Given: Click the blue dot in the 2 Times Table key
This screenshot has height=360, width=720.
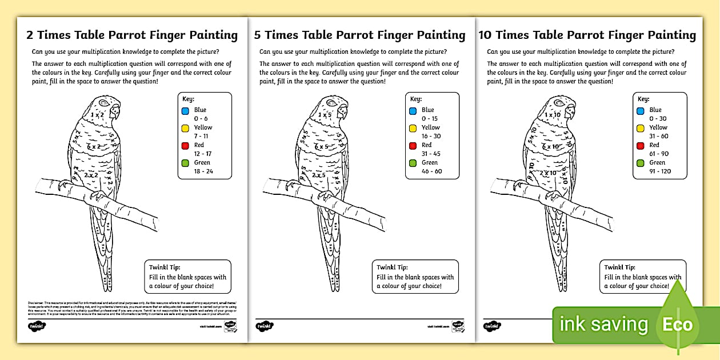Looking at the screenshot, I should click(185, 111).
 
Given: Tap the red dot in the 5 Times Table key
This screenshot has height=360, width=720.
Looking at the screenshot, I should click(413, 146).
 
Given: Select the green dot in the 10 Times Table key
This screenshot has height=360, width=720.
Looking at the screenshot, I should click(640, 163).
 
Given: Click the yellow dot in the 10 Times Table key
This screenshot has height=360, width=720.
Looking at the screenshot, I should click(640, 128).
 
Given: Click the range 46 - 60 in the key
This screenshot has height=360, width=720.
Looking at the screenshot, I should click(431, 171).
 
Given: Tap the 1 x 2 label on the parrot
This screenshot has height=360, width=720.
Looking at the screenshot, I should click(97, 115).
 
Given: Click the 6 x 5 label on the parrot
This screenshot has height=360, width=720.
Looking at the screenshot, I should click(324, 147).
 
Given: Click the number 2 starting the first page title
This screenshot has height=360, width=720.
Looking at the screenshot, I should click(30, 35).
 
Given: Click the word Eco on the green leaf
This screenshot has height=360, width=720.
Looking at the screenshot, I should click(677, 325).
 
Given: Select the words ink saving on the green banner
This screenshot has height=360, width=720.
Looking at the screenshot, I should click(603, 325).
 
